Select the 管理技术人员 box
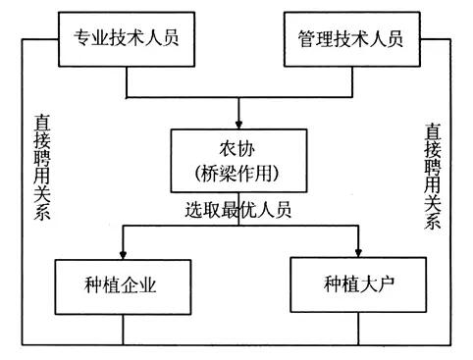(349, 38)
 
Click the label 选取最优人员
(239, 210)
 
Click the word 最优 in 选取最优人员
(239, 210)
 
